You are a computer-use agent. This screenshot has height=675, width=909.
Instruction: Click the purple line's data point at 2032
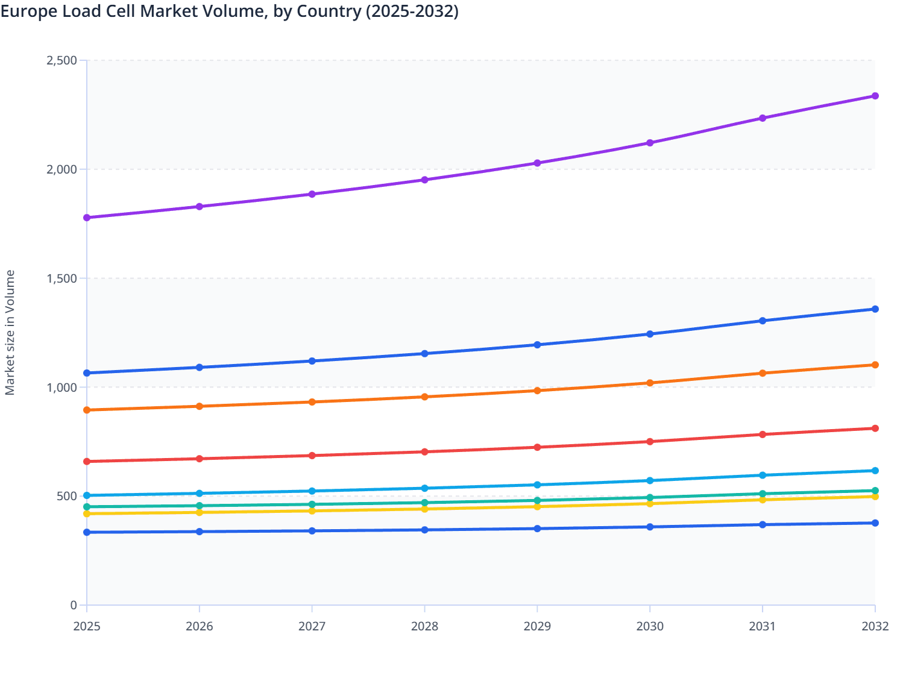[x=875, y=96]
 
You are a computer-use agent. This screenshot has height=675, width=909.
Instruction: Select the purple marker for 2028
[x=424, y=180]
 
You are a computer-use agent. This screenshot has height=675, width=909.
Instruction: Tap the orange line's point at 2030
[x=650, y=383]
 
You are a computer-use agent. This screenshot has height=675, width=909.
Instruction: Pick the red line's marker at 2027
[x=312, y=456]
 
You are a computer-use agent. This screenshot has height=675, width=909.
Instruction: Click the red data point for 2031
[x=763, y=435]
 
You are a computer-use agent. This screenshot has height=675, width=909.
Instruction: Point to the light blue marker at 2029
[x=537, y=485]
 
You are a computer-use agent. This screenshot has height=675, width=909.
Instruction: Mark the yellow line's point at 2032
[x=875, y=497]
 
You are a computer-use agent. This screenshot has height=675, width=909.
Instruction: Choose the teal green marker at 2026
[x=200, y=506]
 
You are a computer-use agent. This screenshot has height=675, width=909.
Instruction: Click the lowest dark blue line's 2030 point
[x=650, y=527]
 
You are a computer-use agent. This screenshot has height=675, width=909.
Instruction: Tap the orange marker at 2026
[x=200, y=406]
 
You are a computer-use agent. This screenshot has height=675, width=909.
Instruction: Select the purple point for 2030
[x=650, y=143]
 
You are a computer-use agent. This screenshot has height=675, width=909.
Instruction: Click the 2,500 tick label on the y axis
[x=61, y=60]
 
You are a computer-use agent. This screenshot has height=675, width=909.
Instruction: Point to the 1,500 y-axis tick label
[x=61, y=278]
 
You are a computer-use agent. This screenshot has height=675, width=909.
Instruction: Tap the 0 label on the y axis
[x=74, y=605]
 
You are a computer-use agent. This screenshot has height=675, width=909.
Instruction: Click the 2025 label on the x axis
[x=87, y=626]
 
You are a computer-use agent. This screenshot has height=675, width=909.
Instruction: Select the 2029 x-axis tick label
[x=537, y=626]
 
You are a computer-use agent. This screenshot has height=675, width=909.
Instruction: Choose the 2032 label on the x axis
[x=875, y=626]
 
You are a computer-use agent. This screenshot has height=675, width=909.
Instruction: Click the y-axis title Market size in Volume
[x=10, y=333]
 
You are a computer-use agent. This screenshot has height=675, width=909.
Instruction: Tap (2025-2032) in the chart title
[x=412, y=11]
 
